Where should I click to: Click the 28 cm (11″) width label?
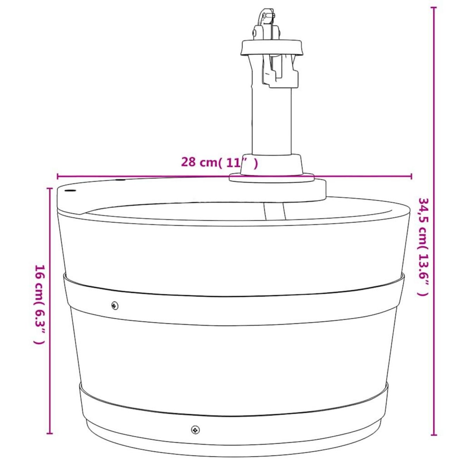(219, 162)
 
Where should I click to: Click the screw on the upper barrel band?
(114, 305)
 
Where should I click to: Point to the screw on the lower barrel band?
(195, 429)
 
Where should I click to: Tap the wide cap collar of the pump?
(272, 47)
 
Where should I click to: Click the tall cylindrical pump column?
(272, 120)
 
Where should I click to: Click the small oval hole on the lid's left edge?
(71, 191)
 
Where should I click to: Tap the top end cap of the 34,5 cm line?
(434, 7)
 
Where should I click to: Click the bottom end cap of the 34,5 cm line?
(434, 435)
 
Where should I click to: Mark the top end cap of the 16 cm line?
(50, 188)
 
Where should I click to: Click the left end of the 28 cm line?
(57, 176)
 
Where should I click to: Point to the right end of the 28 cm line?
(412, 176)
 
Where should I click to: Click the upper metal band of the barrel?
(232, 306)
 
